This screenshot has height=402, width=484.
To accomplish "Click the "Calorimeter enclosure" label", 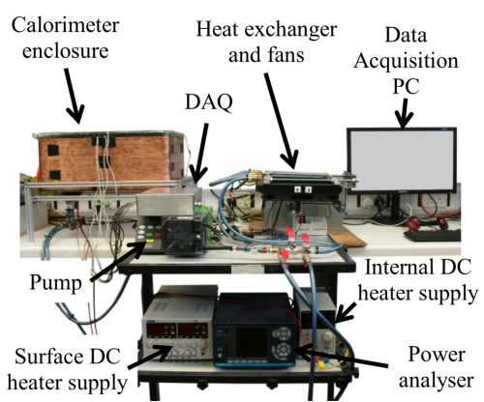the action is coord(65,38).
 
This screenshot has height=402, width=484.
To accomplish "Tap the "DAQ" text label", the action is coord(209,102).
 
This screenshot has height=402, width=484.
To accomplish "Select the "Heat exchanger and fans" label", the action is coord(266,42).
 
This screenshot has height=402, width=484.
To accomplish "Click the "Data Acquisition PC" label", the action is coord(406,61).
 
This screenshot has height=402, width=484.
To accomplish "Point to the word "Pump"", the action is coord(55,283).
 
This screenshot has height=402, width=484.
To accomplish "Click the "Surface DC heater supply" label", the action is coord(67,369).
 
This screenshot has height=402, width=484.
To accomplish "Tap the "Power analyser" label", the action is coord(437,367).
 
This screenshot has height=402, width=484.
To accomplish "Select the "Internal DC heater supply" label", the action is coord(418,280).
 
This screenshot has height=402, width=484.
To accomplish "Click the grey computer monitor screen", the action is coord(402,160).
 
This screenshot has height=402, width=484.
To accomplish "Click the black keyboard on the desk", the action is coord(433,236).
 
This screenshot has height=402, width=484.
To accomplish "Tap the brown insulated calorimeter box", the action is coord(109,158).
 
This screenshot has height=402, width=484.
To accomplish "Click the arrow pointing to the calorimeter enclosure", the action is coord(74,96).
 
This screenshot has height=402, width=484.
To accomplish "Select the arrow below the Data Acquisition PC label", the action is coord(404,113).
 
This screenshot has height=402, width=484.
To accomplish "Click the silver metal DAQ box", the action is coord(169,201).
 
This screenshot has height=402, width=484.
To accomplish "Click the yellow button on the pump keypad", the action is coord(150,241).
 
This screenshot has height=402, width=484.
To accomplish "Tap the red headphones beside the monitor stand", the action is coord(427,222).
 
